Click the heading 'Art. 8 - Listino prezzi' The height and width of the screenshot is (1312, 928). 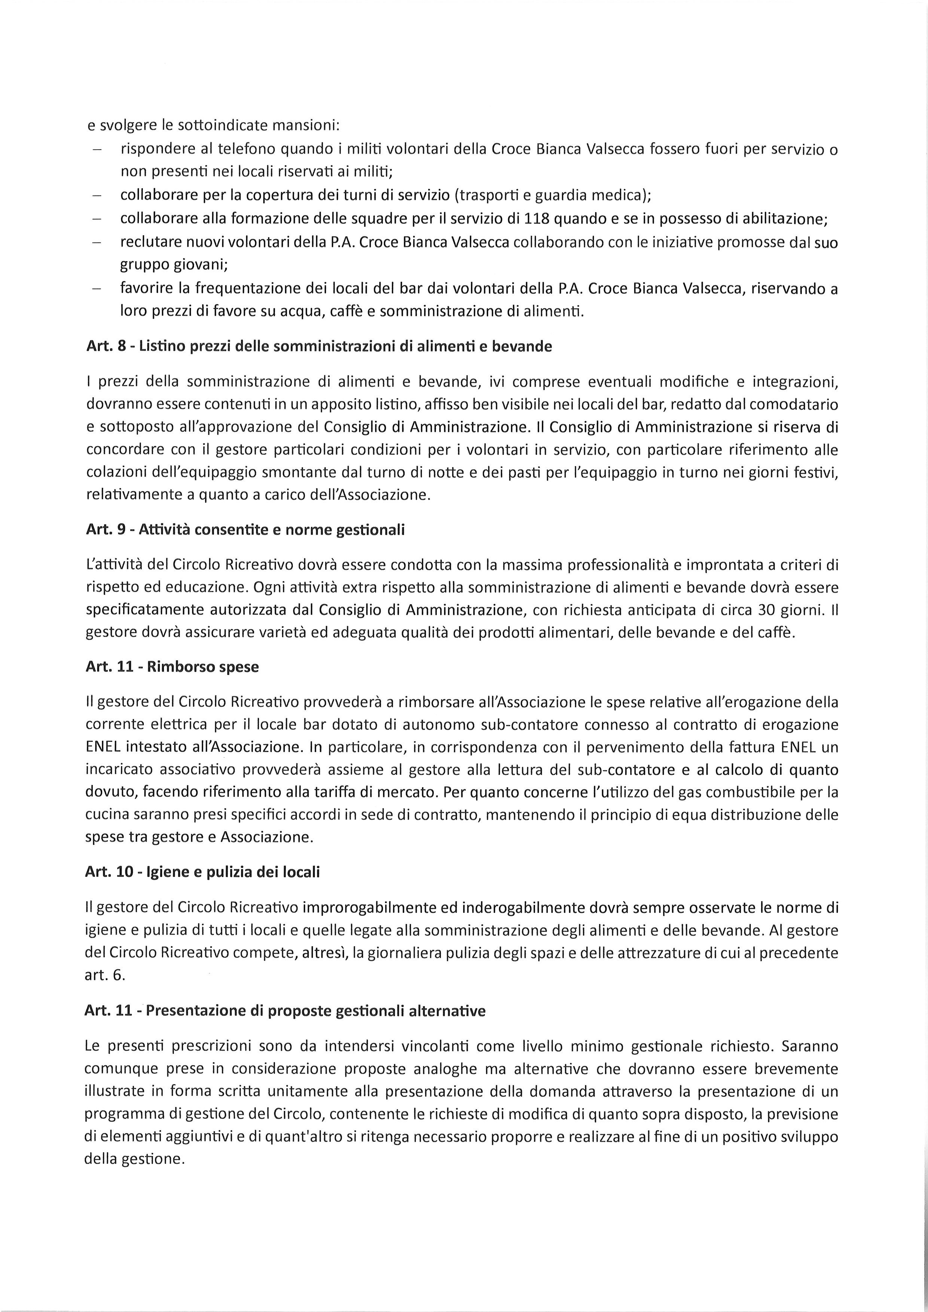coord(319,347)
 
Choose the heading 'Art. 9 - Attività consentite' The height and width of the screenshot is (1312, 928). coord(245,530)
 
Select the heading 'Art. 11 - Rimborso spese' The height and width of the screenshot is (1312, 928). coord(172,667)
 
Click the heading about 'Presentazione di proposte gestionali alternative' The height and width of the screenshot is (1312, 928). coord(284,1011)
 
